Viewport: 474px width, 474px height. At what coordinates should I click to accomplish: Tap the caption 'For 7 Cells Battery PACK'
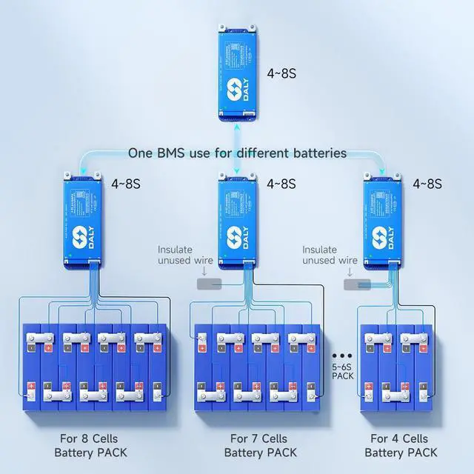pyautogui.click(x=260, y=445)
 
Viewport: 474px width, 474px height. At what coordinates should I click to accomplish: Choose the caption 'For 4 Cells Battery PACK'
pyautogui.click(x=400, y=445)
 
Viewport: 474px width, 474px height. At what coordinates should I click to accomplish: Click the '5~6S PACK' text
pyautogui.click(x=342, y=370)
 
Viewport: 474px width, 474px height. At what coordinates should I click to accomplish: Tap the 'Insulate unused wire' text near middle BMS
pyautogui.click(x=185, y=256)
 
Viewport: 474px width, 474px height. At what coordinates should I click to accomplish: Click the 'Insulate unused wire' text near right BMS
pyautogui.click(x=330, y=256)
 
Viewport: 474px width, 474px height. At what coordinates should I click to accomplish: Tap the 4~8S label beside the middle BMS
pyautogui.click(x=281, y=183)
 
